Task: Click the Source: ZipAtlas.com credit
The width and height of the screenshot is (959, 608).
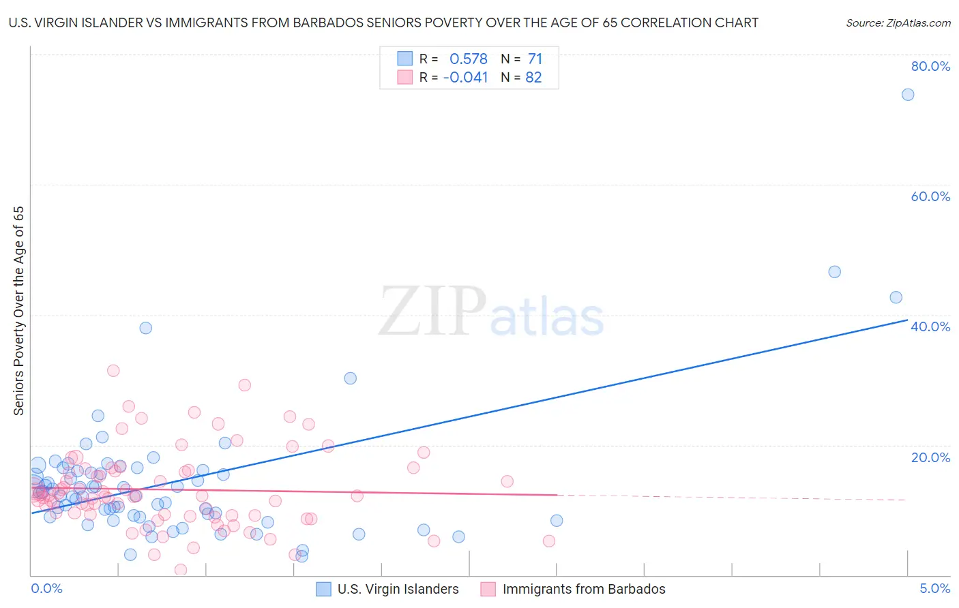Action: [x=898, y=23]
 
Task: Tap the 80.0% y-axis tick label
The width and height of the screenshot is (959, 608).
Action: [x=930, y=66]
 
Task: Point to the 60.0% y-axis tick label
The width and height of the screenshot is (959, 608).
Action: [x=930, y=196]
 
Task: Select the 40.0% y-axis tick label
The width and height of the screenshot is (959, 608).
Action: [x=930, y=326]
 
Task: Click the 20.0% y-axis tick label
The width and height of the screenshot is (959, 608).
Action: [x=930, y=457]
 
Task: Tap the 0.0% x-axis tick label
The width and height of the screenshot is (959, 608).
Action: [x=46, y=588]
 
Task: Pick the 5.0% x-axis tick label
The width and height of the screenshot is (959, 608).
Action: [x=934, y=588]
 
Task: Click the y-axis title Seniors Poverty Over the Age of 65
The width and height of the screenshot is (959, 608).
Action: [x=19, y=310]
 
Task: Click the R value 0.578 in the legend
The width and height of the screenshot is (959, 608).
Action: [x=468, y=59]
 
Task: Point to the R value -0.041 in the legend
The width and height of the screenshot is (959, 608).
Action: [x=465, y=78]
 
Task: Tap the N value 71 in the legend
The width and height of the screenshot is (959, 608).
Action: [x=535, y=59]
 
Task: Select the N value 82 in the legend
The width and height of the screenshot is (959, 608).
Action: [x=533, y=78]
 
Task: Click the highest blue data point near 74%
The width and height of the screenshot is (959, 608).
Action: [x=908, y=95]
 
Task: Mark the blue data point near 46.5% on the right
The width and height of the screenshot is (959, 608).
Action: [x=834, y=272]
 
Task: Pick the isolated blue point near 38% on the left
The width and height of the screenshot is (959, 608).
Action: [x=145, y=328]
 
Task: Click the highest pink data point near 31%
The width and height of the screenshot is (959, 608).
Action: [x=113, y=371]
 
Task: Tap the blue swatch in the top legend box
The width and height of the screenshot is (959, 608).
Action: [x=405, y=59]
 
